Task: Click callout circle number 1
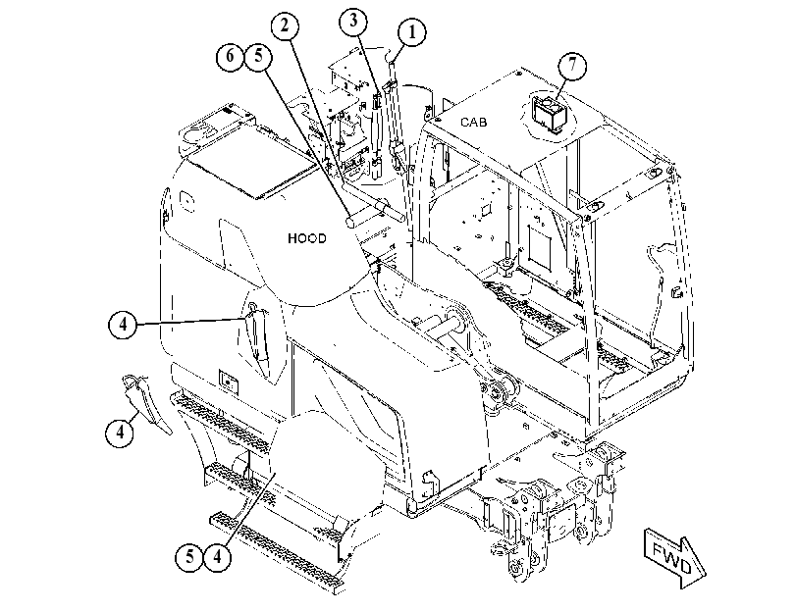411,32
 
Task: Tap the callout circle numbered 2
285,25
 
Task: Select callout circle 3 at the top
352,21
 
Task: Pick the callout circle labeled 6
230,55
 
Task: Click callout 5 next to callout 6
258,55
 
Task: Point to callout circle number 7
572,65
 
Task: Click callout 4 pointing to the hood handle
123,324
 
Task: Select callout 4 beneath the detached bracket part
120,433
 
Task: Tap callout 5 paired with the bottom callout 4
188,557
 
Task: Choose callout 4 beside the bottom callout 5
217,557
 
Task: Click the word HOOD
307,238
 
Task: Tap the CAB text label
474,123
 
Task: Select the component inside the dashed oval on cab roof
547,112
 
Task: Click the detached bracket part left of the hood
146,404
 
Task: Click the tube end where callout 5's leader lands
350,223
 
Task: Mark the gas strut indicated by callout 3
376,135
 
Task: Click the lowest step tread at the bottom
277,552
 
